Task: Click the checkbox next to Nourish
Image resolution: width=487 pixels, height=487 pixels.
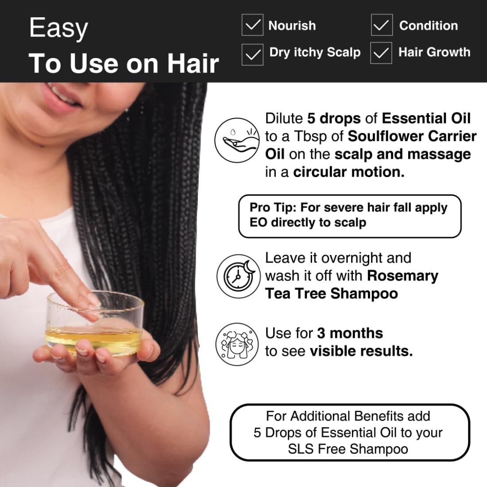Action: [x=252, y=25]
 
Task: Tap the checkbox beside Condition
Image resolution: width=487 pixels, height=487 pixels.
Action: [x=382, y=25]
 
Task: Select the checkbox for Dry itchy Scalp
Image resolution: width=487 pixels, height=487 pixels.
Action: [x=252, y=54]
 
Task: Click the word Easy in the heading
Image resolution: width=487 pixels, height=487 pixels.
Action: [x=58, y=28]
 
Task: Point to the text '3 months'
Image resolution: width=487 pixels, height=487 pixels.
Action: [x=350, y=333]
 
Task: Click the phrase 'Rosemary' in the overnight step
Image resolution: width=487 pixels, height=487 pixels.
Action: [x=402, y=275]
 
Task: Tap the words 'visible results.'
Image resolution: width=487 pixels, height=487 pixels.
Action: [x=361, y=351]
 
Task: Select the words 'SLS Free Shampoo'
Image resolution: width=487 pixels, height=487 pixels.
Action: [x=348, y=449]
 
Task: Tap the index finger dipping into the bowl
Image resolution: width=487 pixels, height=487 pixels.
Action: [x=75, y=283]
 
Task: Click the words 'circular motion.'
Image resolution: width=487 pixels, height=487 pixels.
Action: [x=348, y=172]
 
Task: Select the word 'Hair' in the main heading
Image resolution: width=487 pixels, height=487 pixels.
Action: [x=193, y=63]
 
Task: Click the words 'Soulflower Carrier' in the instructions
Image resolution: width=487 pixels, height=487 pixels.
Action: [x=412, y=136]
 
